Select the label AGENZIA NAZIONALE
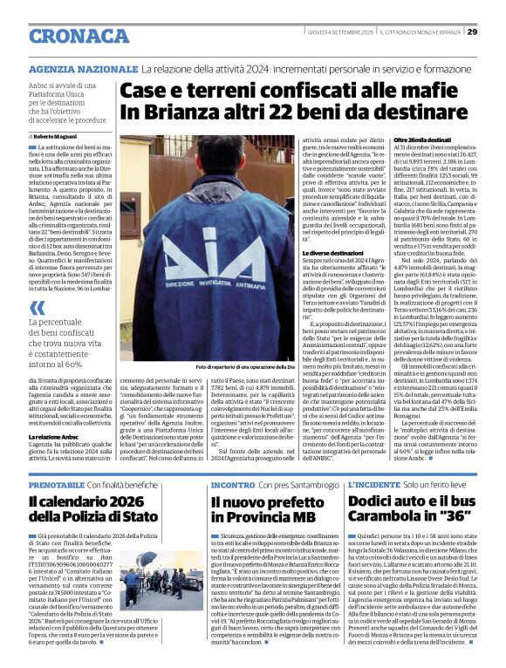coord(83,68)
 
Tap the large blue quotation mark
coord(37,308)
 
